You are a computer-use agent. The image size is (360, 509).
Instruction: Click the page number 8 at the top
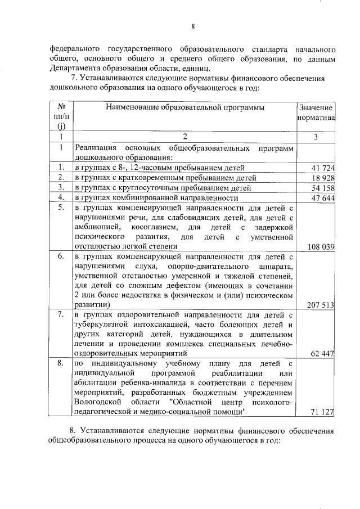tap(192, 26)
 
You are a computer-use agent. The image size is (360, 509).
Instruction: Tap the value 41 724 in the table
tap(322, 168)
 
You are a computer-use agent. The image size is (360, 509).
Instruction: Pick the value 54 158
tap(322, 188)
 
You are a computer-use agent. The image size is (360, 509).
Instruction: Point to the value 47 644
tap(322, 198)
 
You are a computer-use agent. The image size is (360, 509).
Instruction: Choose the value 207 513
tap(320, 305)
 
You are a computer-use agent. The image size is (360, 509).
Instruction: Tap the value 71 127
tap(322, 412)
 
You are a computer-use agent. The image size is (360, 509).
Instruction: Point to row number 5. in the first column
tap(60, 208)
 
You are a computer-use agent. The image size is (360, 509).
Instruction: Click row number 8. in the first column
tap(60, 363)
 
